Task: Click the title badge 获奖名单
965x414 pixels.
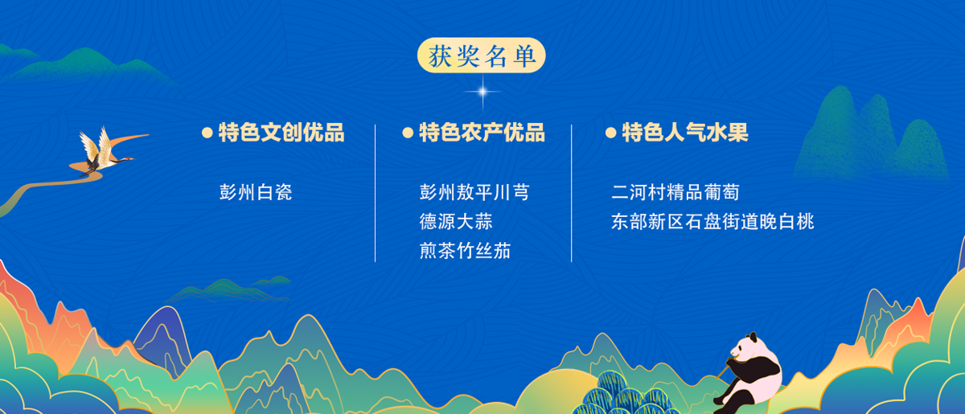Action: click(481, 55)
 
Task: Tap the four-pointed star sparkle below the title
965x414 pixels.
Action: click(482, 92)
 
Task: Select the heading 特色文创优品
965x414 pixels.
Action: click(281, 133)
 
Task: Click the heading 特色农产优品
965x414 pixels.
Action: click(482, 133)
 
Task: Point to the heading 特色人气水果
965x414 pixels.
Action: click(685, 133)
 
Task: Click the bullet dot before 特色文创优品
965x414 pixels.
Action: click(207, 133)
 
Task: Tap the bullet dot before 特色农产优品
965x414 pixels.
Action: click(408, 133)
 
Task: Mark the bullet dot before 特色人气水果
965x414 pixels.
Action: click(610, 133)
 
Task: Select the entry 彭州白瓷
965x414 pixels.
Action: click(256, 192)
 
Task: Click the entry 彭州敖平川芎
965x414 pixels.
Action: click(474, 192)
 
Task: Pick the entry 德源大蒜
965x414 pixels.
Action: click(456, 221)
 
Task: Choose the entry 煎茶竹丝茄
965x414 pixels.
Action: click(466, 251)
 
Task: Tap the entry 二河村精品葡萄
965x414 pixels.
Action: click(675, 192)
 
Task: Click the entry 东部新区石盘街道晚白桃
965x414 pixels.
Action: click(712, 221)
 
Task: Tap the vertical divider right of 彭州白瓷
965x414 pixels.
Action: click(376, 194)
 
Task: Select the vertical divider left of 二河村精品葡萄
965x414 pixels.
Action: click(572, 194)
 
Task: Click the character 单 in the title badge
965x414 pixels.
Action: click(524, 56)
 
